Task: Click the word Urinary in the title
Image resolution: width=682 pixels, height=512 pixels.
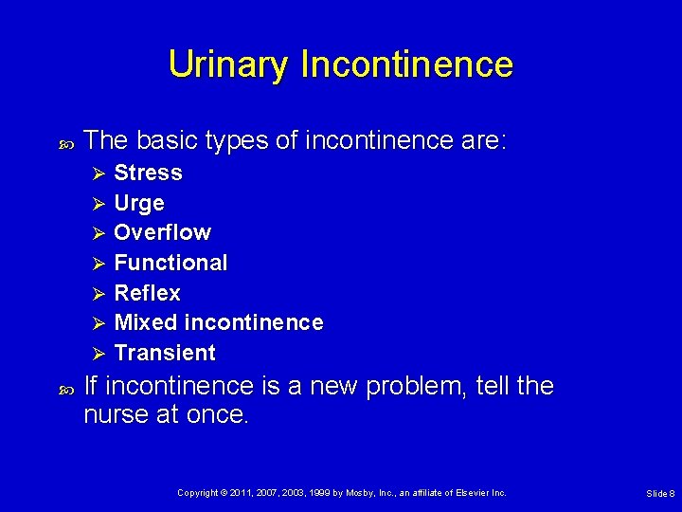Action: (x=229, y=64)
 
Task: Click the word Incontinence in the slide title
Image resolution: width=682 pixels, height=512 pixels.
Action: (x=406, y=64)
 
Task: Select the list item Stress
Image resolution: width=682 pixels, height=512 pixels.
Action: (x=148, y=173)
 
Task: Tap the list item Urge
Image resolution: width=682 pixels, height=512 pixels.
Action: (x=139, y=203)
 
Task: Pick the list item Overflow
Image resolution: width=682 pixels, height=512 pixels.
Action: (x=162, y=232)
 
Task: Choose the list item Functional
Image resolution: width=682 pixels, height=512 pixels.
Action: (x=170, y=263)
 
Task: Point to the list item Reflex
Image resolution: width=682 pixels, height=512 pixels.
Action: (x=147, y=293)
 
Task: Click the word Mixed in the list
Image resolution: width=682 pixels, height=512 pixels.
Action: (x=140, y=322)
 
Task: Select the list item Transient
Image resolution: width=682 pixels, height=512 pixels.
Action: (x=165, y=353)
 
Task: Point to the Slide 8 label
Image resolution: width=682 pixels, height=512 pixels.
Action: (x=659, y=494)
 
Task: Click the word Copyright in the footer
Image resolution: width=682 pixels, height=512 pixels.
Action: (x=198, y=493)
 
